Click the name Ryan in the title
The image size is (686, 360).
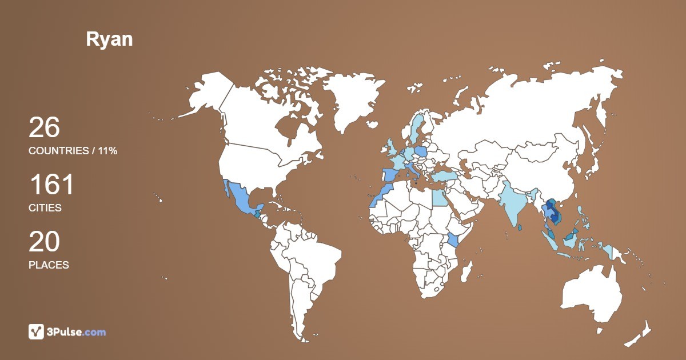coord(109,39)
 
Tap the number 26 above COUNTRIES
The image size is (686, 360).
coord(44,127)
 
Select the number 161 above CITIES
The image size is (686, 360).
coord(51,185)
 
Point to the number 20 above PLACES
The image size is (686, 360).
coord(44,242)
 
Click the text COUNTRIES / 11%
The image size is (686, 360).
coord(73,151)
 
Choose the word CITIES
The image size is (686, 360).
coord(45,208)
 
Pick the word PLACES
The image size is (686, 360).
coord(49,265)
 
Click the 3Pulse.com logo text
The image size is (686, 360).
coord(77,332)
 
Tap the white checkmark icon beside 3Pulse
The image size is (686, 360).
coord(36,331)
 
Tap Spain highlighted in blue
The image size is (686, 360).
coord(390,176)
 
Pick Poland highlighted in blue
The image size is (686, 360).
coord(421,151)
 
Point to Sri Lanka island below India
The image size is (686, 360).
coord(519,227)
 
